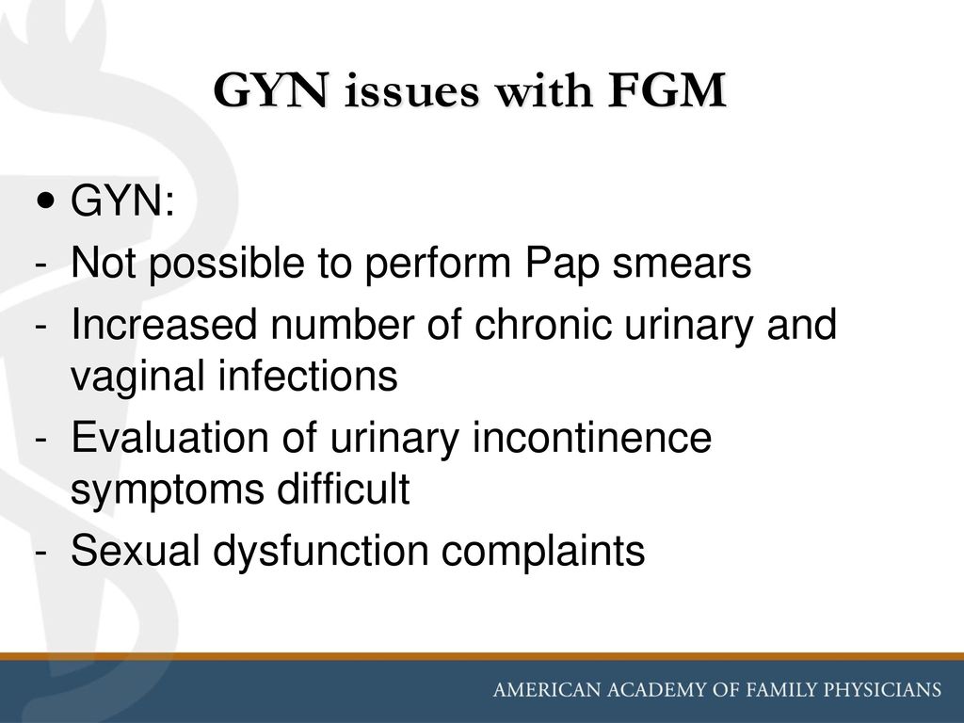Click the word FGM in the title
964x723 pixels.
pyautogui.click(x=667, y=90)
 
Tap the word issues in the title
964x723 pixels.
pyautogui.click(x=411, y=91)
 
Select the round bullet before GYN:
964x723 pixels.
pyautogui.click(x=46, y=201)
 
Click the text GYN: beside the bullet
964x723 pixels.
pyautogui.click(x=122, y=201)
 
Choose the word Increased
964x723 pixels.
pyautogui.click(x=164, y=324)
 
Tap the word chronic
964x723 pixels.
pyautogui.click(x=543, y=324)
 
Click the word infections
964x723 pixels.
pyautogui.click(x=309, y=376)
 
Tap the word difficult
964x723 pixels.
pyautogui.click(x=343, y=489)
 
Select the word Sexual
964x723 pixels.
pyautogui.click(x=136, y=550)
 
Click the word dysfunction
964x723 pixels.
pyautogui.click(x=320, y=552)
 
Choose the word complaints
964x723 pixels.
pyautogui.click(x=543, y=552)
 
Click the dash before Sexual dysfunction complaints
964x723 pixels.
pyautogui.click(x=41, y=552)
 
